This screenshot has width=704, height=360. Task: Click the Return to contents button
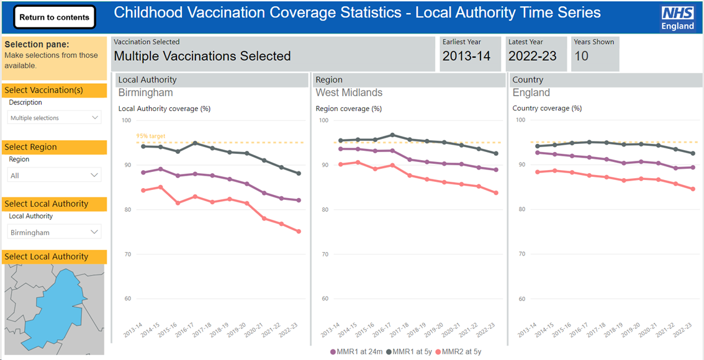[x=55, y=17]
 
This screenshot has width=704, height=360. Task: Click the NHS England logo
[x=677, y=18]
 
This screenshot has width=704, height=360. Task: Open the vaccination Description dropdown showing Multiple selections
[x=55, y=118]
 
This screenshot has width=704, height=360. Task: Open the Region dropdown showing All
[x=55, y=176]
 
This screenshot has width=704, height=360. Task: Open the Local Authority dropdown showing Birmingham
[x=55, y=232]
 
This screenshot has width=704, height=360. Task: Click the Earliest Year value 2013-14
[x=466, y=56]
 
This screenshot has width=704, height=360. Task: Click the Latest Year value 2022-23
[x=532, y=56]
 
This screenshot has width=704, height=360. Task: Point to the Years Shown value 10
[x=581, y=56]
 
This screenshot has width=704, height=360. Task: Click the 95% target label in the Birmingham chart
[x=151, y=136]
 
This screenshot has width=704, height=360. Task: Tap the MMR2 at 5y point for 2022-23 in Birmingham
[x=299, y=232]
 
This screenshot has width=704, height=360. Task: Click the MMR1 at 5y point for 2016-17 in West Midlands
[x=392, y=135]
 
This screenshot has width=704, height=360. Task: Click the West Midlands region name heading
[x=349, y=93]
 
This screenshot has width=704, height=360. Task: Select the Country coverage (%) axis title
[x=547, y=109]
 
